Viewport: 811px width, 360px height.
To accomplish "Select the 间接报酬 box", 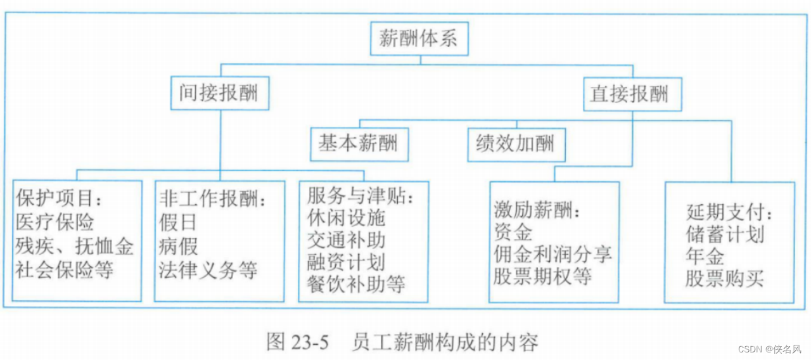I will click(x=219, y=93).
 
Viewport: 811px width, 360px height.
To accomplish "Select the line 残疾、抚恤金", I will click(x=75, y=246).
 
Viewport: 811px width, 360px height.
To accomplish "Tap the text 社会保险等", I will click(x=65, y=270).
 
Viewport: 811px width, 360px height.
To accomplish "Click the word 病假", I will click(x=178, y=246).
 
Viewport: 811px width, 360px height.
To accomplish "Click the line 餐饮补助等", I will click(x=356, y=283).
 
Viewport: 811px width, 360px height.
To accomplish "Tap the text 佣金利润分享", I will click(x=553, y=254).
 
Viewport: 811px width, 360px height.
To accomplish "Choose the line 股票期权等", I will click(x=543, y=276).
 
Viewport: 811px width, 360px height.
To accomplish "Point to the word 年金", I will click(x=705, y=256).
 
